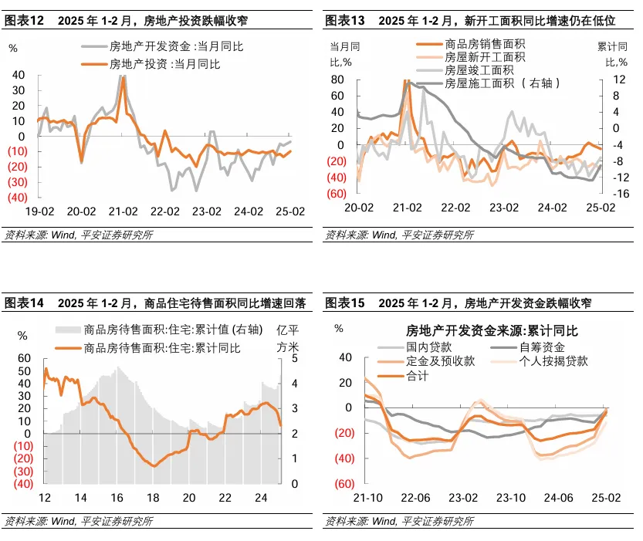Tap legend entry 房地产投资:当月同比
164,64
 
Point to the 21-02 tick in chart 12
124,209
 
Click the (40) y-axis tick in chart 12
16,197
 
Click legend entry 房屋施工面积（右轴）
502,83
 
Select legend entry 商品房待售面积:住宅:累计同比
161,348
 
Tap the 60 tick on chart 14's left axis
24,359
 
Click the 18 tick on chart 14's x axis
153,498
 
